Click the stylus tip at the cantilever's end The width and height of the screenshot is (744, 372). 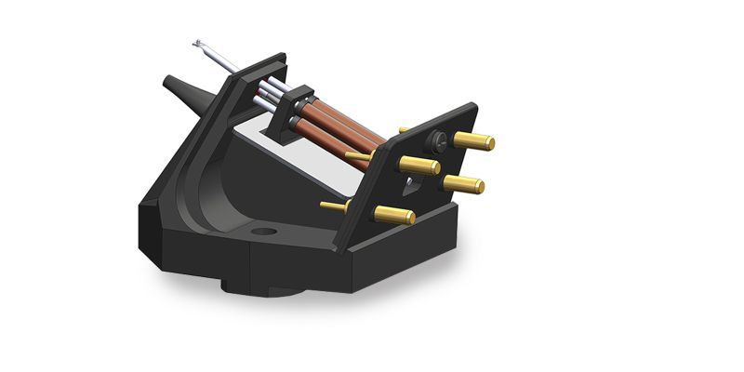pos(198,43)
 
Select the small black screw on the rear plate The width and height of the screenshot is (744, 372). pos(433,142)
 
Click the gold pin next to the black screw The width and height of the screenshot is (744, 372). pos(474,141)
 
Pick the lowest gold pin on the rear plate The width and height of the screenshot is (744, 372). pos(395,215)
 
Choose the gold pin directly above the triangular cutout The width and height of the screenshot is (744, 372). pos(420,166)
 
